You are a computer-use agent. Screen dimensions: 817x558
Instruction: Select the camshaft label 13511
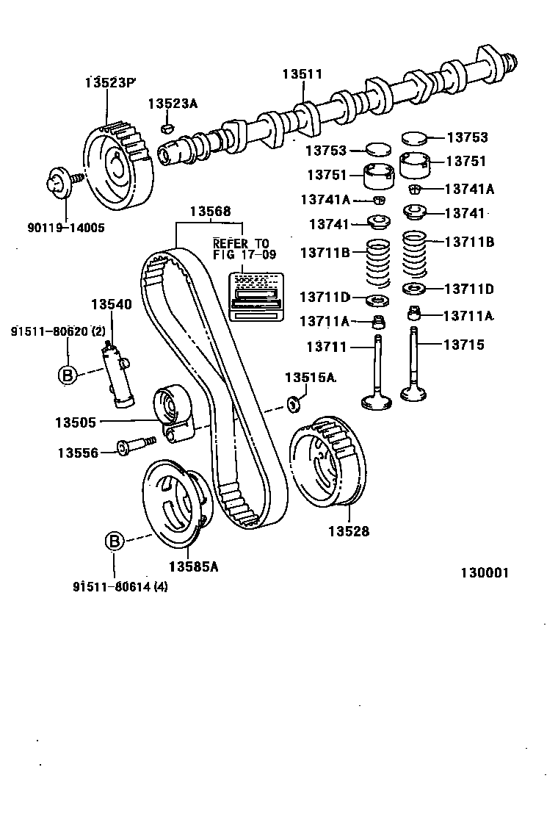tap(302, 74)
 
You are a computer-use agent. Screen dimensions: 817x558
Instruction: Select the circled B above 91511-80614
tap(115, 542)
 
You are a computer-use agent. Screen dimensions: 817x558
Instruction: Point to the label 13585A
tap(193, 566)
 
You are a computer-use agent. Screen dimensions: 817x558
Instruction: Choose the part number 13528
tap(349, 531)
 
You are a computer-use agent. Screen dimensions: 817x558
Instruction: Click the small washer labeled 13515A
tap(293, 402)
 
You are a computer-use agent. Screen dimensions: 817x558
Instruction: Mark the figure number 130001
tap(485, 573)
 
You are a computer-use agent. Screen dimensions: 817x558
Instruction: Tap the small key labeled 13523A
tap(167, 129)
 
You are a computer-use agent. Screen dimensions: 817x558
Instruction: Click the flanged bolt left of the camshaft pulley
tap(58, 181)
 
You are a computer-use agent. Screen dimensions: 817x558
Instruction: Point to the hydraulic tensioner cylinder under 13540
tap(119, 374)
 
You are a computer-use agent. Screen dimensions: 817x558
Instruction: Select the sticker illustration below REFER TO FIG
tap(255, 295)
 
